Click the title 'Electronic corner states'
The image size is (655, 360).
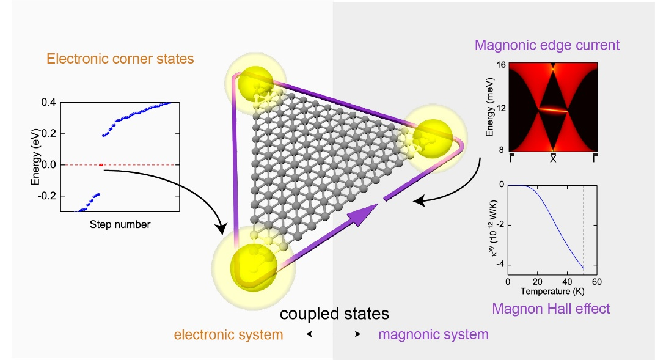coord(120,59)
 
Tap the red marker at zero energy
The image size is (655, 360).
coord(101,164)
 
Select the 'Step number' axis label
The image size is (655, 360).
coord(120,224)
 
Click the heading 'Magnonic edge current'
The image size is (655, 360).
coord(547,45)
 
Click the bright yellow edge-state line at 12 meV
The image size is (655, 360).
coord(554,110)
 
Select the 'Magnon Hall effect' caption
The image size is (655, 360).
coord(551,309)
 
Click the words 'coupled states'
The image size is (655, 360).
coord(334,314)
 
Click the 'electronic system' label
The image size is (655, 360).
coord(229,334)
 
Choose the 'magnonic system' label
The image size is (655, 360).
coord(433,334)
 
